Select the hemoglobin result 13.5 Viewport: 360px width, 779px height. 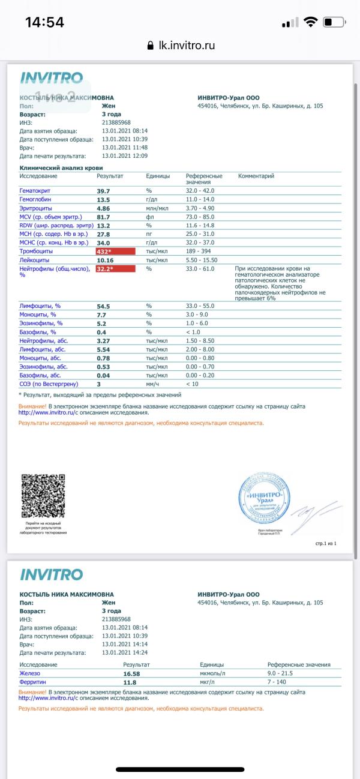pos(104,199)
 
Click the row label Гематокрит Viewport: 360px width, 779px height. pos(37,190)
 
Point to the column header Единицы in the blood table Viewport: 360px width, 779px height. pos(158,176)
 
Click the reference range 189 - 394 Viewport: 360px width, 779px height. pos(202,251)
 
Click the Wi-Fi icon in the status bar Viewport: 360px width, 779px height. pos(310,23)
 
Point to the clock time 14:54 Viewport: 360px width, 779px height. pos(44,23)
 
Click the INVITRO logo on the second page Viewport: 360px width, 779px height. pos(52,574)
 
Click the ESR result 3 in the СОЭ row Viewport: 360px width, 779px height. pos(99,383)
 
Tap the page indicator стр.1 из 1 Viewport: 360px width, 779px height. pos(326,543)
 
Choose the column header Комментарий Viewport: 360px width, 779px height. pos(256,176)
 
